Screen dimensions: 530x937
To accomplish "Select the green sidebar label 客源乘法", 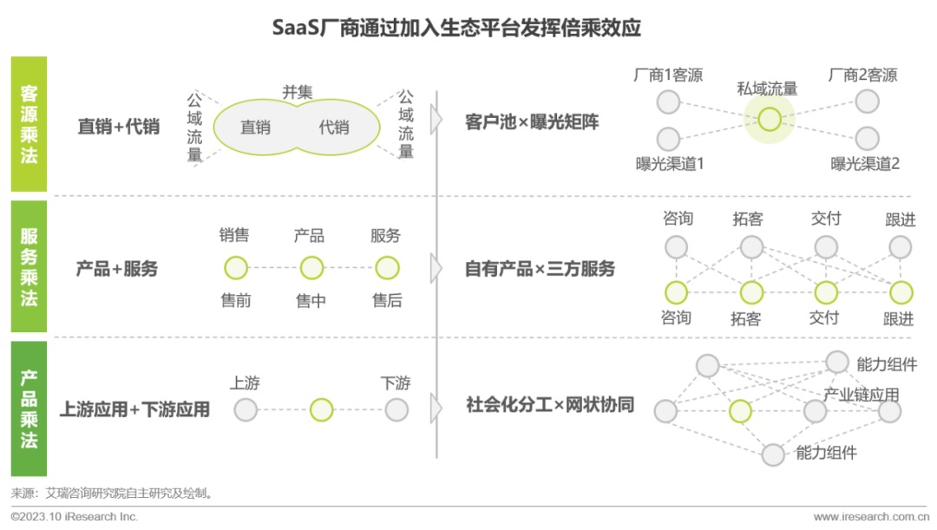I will [29, 124].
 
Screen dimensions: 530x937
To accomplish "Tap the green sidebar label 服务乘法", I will [29, 267].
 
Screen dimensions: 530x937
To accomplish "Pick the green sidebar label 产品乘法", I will [29, 409].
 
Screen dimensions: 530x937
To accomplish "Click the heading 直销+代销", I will [119, 127].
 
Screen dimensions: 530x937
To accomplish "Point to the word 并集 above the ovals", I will [297, 92].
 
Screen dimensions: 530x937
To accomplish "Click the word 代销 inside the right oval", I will [334, 128].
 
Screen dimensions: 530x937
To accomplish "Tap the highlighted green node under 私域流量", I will [769, 120].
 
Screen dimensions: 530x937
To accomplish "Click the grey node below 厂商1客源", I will [668, 102].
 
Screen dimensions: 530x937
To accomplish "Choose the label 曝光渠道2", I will [865, 163].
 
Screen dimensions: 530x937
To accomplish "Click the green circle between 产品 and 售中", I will [311, 268].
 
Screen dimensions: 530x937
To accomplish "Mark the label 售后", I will [387, 301].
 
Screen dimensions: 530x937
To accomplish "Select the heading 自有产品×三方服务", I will [540, 269].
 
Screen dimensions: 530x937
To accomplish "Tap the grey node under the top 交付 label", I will [826, 247].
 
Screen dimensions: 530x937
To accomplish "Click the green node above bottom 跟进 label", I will [901, 292].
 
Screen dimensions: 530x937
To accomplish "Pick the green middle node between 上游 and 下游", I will [321, 409].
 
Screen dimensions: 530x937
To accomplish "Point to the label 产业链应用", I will [861, 395].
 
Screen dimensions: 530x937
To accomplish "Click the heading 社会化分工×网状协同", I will [550, 405].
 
